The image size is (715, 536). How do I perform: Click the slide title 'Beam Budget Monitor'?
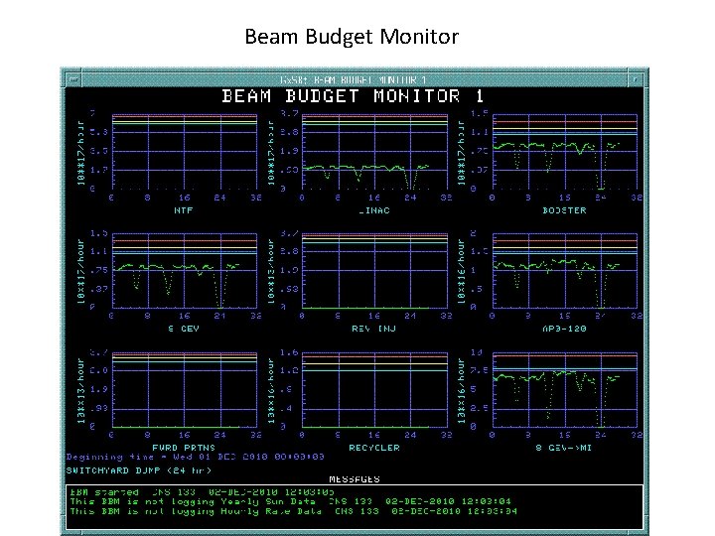click(352, 38)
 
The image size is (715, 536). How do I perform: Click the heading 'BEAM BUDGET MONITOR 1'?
click(353, 96)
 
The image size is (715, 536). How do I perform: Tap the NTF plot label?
click(184, 209)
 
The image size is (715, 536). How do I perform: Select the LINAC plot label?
click(374, 209)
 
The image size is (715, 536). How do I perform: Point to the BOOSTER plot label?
click(564, 209)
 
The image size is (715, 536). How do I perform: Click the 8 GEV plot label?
click(184, 328)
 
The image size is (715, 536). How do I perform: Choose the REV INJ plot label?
click(374, 328)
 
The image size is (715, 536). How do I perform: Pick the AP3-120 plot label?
click(564, 328)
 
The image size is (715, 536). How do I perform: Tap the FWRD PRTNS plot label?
click(184, 447)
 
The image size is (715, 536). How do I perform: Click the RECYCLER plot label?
click(374, 447)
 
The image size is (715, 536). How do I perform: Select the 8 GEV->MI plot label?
click(564, 447)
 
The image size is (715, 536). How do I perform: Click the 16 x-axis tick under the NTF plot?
click(184, 198)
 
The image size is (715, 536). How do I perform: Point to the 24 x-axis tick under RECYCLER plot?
click(410, 435)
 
